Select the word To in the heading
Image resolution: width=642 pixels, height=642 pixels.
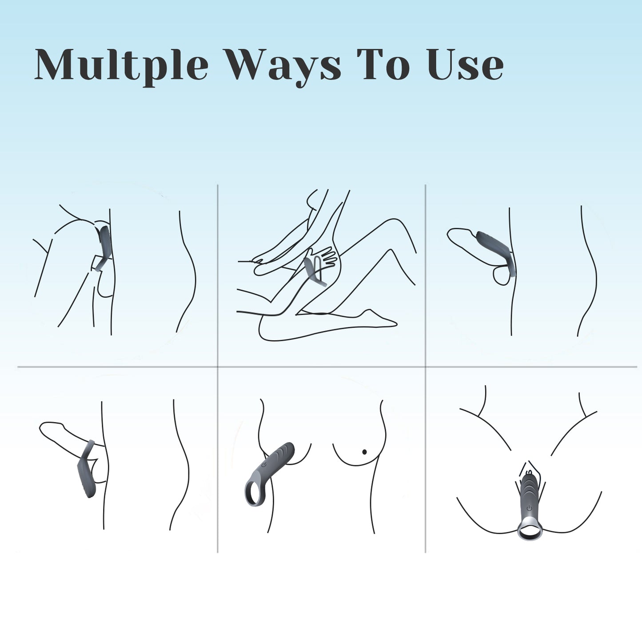(x=383, y=64)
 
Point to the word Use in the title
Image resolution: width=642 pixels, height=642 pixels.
(x=466, y=64)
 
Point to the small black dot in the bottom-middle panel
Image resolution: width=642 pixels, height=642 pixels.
(x=364, y=452)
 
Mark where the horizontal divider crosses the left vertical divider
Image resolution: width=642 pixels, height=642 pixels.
(x=218, y=367)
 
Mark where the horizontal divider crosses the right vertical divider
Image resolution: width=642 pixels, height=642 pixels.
(x=426, y=367)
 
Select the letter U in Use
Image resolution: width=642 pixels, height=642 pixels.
(x=443, y=64)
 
